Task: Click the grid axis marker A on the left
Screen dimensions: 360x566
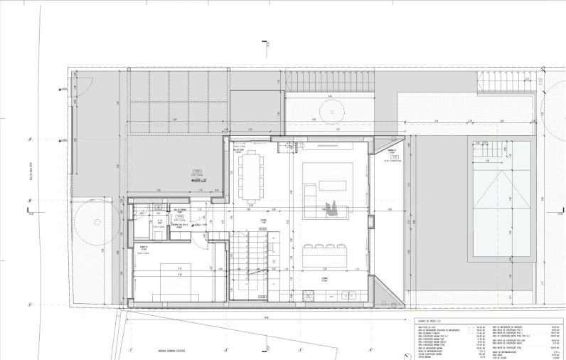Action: [x=30, y=139]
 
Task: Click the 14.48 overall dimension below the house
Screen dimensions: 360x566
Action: [x=265, y=317]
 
